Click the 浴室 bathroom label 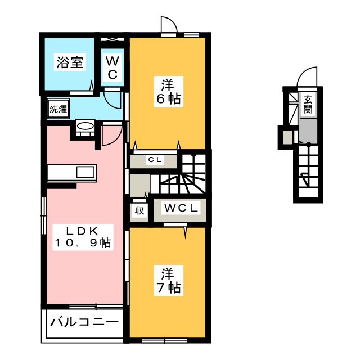click(x=70, y=62)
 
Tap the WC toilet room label click(x=112, y=67)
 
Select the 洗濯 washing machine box click(x=58, y=109)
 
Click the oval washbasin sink click(x=85, y=126)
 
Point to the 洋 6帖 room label click(x=169, y=92)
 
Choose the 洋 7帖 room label click(x=169, y=280)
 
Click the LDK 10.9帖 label click(x=83, y=237)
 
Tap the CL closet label click(x=155, y=160)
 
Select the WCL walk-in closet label click(x=181, y=208)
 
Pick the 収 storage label click(x=139, y=210)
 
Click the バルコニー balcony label click(x=84, y=322)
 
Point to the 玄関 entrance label click(x=308, y=104)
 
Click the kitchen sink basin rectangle click(x=85, y=172)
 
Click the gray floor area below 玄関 click(x=308, y=130)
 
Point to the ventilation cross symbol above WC click(x=112, y=39)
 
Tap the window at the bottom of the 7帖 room click(x=164, y=340)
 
